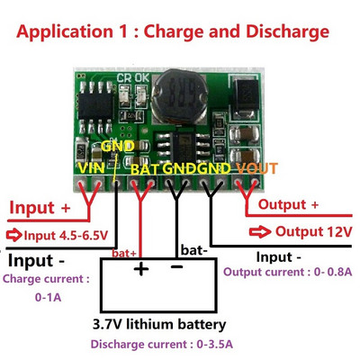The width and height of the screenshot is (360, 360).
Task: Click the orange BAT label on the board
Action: click(x=147, y=167)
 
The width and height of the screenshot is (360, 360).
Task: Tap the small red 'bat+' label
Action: click(x=125, y=254)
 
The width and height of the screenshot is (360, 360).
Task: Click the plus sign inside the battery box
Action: click(x=140, y=269)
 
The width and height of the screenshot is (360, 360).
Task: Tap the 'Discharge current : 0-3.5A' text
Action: click(x=157, y=345)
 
